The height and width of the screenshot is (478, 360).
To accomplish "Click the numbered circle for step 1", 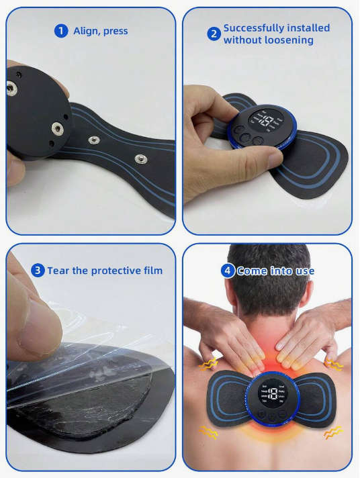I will click(61, 31).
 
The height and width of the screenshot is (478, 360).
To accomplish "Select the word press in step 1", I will click(116, 32).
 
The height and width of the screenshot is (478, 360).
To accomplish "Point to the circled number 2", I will click(214, 34).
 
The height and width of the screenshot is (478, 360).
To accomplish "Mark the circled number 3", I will click(38, 271).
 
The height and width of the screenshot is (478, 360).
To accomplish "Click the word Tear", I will click(58, 271).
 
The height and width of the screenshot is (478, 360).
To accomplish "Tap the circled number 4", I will click(228, 271).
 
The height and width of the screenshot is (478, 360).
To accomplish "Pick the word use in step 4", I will click(304, 271).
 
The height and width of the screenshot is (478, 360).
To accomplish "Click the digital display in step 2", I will click(267, 122).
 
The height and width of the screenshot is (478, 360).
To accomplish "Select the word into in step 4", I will click(280, 271).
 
